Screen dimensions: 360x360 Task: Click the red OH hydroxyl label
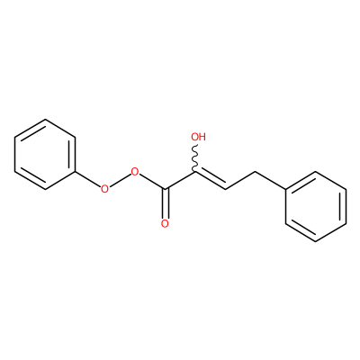tap(198, 137)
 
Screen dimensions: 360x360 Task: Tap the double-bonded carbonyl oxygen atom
tap(165, 224)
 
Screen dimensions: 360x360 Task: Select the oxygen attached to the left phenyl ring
tap(104, 189)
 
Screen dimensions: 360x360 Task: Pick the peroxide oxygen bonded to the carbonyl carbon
tap(135, 172)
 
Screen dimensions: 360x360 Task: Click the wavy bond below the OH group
tap(195, 158)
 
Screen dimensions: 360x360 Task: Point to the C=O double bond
tap(166, 203)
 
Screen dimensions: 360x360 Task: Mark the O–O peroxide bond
tap(120, 181)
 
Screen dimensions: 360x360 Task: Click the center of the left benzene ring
tap(45, 155)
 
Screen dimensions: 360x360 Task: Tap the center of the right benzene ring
tap(316, 206)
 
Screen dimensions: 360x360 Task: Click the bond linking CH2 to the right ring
tap(270, 181)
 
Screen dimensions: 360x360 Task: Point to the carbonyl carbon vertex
tap(165, 189)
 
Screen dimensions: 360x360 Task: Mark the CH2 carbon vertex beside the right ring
tap(255, 172)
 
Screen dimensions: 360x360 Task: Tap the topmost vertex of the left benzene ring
tap(45, 120)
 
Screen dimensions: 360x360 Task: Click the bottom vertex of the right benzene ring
tap(316, 241)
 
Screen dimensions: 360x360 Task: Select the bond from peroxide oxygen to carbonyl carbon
tap(152, 182)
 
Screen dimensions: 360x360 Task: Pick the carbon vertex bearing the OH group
tap(195, 172)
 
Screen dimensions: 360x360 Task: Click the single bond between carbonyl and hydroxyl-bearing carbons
tap(180, 181)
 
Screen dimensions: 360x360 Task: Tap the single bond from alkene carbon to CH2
tap(240, 181)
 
